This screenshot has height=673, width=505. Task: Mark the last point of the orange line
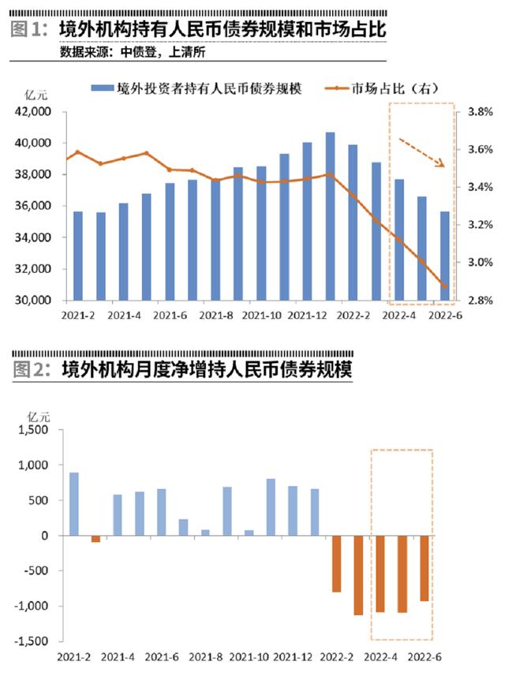tap(444, 286)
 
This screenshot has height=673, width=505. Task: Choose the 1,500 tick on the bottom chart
tap(34, 430)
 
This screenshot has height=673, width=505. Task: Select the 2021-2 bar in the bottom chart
tap(74, 504)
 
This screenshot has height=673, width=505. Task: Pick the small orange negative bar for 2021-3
tap(96, 539)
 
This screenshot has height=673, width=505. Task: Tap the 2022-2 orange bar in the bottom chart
tap(336, 563)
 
